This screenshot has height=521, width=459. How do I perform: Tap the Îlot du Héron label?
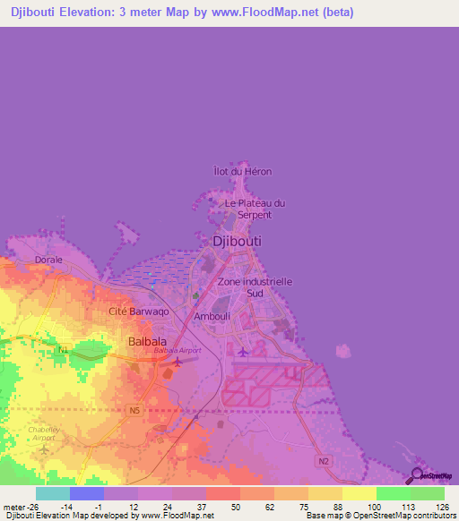tap(242, 171)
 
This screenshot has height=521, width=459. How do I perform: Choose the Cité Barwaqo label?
tap(138, 311)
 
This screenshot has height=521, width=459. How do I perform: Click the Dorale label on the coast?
tap(48, 260)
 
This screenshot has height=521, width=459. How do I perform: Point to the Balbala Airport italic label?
tap(178, 350)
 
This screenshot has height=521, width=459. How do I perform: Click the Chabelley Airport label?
tap(44, 433)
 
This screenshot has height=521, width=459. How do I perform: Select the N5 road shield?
tap(134, 410)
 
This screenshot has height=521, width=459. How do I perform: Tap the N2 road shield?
tap(323, 460)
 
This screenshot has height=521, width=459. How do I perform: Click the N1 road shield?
tap(62, 349)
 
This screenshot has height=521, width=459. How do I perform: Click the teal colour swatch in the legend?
tap(52, 493)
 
